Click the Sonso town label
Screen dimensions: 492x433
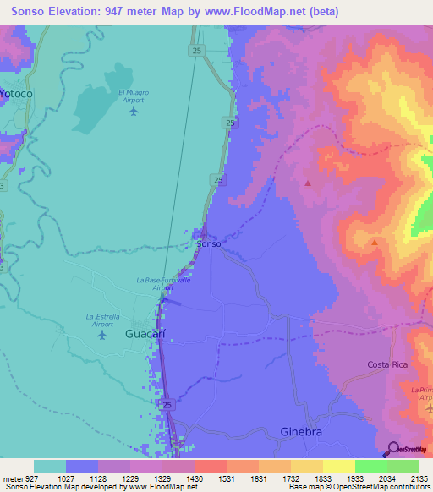[x=209, y=243]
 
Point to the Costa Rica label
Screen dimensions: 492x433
[x=388, y=364]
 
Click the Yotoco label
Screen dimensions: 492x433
[x=16, y=93]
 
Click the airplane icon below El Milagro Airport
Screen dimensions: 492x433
[x=133, y=112]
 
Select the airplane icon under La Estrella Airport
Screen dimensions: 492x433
[x=102, y=335]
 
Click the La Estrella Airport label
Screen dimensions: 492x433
[x=100, y=320]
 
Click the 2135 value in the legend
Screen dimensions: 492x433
[x=419, y=478]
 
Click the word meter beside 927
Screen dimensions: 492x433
[x=15, y=478]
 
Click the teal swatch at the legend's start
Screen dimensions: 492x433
[x=49, y=466]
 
